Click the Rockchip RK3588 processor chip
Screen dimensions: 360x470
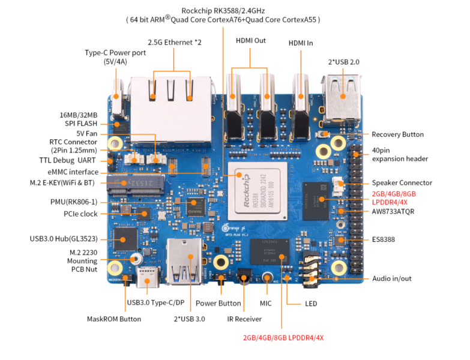coord(255,193)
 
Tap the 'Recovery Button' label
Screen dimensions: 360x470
coord(397,134)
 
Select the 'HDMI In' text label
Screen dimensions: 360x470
coord(301,43)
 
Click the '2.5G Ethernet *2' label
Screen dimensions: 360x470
coord(174,42)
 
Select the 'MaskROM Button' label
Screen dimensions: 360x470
coord(114,319)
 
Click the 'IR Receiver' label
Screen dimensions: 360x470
coord(244,319)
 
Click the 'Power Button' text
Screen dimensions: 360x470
coord(218,303)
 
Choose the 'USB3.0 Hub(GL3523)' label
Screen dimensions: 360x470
coord(63,239)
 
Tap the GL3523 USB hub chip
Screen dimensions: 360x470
coord(125,238)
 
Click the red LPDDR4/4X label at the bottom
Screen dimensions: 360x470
coord(283,338)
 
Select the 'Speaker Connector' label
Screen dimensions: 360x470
coord(402,182)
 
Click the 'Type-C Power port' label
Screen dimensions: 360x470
coord(115,57)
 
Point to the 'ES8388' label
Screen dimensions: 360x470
coord(384,239)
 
